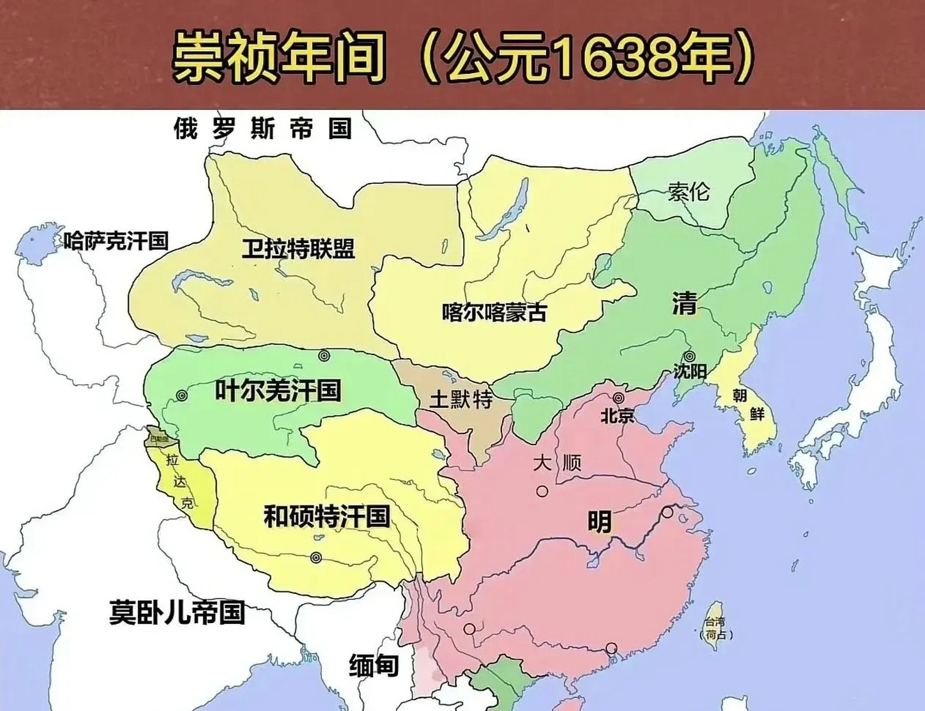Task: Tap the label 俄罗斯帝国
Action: pyautogui.click(x=263, y=128)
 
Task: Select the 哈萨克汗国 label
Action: pyautogui.click(x=116, y=241)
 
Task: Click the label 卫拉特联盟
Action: pyautogui.click(x=298, y=249)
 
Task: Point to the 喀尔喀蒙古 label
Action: pyautogui.click(x=494, y=312)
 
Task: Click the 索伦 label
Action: pyautogui.click(x=689, y=192)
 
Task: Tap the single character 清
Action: pyautogui.click(x=684, y=303)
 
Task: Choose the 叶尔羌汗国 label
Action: pyautogui.click(x=278, y=390)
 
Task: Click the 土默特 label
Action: pyautogui.click(x=461, y=399)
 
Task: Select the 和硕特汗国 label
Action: pyautogui.click(x=327, y=516)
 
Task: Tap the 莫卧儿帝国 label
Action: pyautogui.click(x=177, y=612)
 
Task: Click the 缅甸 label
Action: pyautogui.click(x=374, y=665)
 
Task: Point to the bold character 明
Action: pyautogui.click(x=599, y=522)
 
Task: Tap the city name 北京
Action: pyautogui.click(x=617, y=415)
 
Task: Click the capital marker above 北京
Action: pyautogui.click(x=618, y=398)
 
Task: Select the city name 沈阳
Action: pyautogui.click(x=689, y=370)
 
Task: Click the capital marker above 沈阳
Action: pyautogui.click(x=689, y=356)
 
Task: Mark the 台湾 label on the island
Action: pyautogui.click(x=715, y=622)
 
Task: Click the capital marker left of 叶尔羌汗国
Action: pyautogui.click(x=181, y=395)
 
